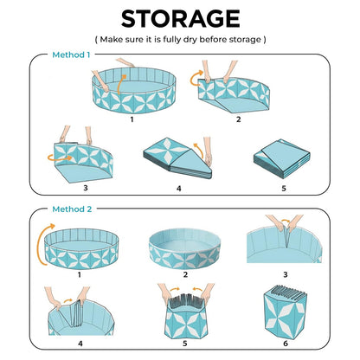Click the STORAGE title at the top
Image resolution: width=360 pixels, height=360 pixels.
pos(180,19)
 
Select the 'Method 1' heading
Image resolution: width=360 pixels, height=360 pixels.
pos(71,55)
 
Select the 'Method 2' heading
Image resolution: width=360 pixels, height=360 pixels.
pos(72,209)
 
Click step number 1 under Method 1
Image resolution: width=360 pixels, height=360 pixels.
pos(132,119)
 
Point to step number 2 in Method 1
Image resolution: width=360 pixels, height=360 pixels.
pos(239,119)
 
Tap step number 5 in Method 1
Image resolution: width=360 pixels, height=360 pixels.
pos(284,189)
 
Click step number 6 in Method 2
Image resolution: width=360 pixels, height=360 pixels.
pos(286,344)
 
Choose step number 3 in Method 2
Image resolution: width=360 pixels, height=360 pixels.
pos(286,274)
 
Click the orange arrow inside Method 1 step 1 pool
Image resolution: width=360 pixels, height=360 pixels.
pos(121,84)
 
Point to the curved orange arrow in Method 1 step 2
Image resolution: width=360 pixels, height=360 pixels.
pos(196,79)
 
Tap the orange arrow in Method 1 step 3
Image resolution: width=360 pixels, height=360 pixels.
pos(60,157)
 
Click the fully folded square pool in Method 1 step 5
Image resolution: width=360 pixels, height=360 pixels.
pos(282,158)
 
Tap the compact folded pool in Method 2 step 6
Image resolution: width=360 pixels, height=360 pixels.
pos(285,312)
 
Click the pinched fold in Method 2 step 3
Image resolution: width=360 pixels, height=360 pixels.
pos(286,236)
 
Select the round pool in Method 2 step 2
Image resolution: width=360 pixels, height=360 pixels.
pos(184,249)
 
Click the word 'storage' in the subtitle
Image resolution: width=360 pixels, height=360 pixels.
pos(245,39)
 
